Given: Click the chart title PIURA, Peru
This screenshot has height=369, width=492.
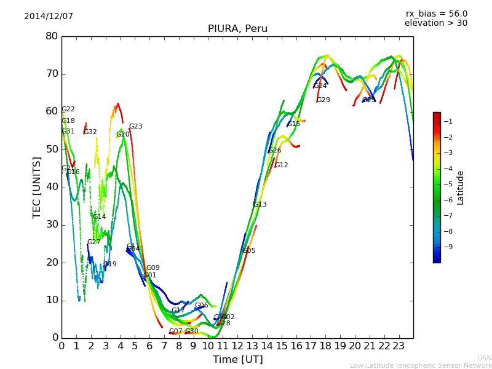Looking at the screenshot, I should (x=237, y=29).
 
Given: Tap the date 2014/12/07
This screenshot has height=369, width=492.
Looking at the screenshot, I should (x=49, y=17).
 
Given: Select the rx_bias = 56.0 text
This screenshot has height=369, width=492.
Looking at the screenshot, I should (x=436, y=14).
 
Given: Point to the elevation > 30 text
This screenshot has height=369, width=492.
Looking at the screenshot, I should (x=435, y=23).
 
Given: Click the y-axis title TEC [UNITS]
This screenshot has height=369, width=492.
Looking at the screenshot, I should (x=37, y=187).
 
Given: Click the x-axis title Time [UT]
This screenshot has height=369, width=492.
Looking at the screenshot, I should (x=237, y=360).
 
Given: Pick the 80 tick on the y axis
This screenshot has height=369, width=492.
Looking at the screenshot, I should (x=52, y=36).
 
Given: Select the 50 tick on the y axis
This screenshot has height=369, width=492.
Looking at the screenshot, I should (x=52, y=149).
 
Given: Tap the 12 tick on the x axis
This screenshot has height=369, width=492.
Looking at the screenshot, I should (x=237, y=346).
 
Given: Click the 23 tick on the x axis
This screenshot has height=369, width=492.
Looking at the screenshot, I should (x=399, y=346).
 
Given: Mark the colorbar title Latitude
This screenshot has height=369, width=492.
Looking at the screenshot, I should (x=461, y=188).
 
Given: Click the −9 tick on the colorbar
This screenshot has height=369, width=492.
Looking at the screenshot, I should (x=448, y=247).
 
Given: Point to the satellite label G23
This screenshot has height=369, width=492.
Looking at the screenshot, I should (x=135, y=127).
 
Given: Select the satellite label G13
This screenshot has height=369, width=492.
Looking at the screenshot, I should (x=260, y=205).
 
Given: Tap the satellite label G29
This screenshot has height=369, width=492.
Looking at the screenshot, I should (x=323, y=100).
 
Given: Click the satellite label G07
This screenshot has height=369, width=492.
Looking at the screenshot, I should (x=176, y=331).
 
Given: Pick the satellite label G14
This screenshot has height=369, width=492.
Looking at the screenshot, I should (x=99, y=217).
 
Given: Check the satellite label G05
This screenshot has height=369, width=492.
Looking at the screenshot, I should (x=249, y=251).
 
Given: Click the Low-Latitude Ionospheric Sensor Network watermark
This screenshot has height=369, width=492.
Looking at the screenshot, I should (x=421, y=366).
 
